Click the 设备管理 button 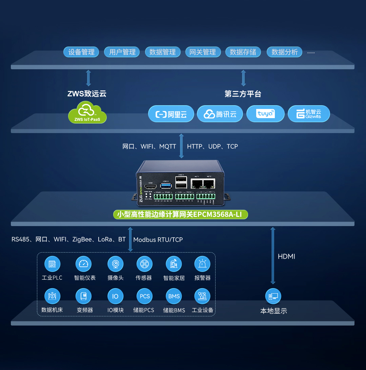click(x=81, y=52)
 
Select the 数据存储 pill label click(x=243, y=52)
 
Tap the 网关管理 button click(x=203, y=52)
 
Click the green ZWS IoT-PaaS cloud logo click(x=87, y=112)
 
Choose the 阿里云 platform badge click(x=171, y=114)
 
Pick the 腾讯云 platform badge click(x=220, y=114)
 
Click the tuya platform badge click(x=265, y=114)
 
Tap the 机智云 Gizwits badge click(x=309, y=114)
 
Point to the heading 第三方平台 click(x=243, y=94)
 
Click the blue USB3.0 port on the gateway click(x=166, y=185)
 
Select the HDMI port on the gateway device click(x=150, y=187)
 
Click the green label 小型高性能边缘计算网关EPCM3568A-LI click(x=180, y=215)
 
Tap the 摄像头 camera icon click(x=115, y=264)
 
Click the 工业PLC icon click(x=52, y=264)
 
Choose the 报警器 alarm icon click(x=202, y=264)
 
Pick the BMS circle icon click(x=174, y=296)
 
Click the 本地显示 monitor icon click(x=273, y=296)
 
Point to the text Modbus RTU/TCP click(x=158, y=240)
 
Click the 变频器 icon click(x=84, y=296)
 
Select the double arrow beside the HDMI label click(x=273, y=256)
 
